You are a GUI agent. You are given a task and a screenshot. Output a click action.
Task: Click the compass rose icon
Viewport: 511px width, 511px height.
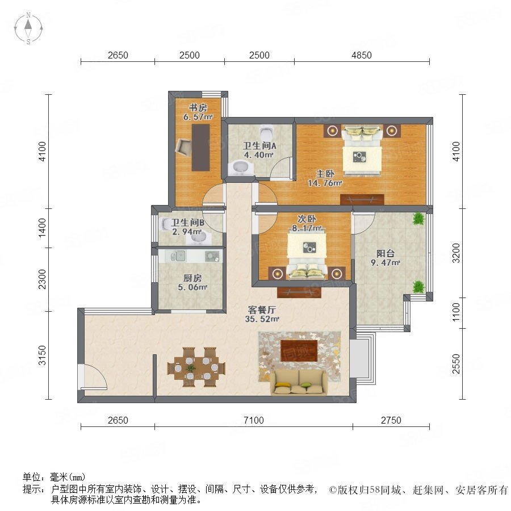click(28, 28)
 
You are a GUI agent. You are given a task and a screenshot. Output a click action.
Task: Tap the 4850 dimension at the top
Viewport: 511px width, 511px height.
click(362, 55)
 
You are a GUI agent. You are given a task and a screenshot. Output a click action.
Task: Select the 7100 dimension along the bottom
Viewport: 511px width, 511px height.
click(254, 420)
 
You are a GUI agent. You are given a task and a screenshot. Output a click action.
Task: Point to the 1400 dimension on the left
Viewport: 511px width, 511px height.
click(43, 228)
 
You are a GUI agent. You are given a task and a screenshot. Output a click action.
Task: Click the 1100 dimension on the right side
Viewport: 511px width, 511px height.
click(456, 312)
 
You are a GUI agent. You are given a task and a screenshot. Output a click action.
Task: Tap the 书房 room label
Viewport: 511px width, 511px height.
click(198, 107)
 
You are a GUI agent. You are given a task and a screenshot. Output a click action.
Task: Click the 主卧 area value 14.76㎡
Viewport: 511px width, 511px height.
click(325, 183)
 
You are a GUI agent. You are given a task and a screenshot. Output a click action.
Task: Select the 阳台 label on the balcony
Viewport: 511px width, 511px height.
click(386, 253)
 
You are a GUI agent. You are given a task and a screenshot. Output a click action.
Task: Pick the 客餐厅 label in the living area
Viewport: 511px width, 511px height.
click(262, 309)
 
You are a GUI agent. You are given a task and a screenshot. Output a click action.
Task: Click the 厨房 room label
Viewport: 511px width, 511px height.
click(192, 278)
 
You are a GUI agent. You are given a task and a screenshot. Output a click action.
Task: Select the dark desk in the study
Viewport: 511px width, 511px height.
click(200, 148)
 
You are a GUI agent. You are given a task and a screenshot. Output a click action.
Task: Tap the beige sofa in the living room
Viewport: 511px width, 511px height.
click(299, 382)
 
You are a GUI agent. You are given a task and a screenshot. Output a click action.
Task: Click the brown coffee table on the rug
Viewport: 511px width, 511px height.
click(299, 351)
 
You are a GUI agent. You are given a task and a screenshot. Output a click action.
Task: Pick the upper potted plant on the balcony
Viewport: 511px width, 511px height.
click(418, 219)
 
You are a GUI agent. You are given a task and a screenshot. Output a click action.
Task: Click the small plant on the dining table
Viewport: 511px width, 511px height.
click(190, 368)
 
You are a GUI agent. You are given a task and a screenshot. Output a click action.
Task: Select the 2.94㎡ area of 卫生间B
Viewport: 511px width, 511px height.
click(187, 232)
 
